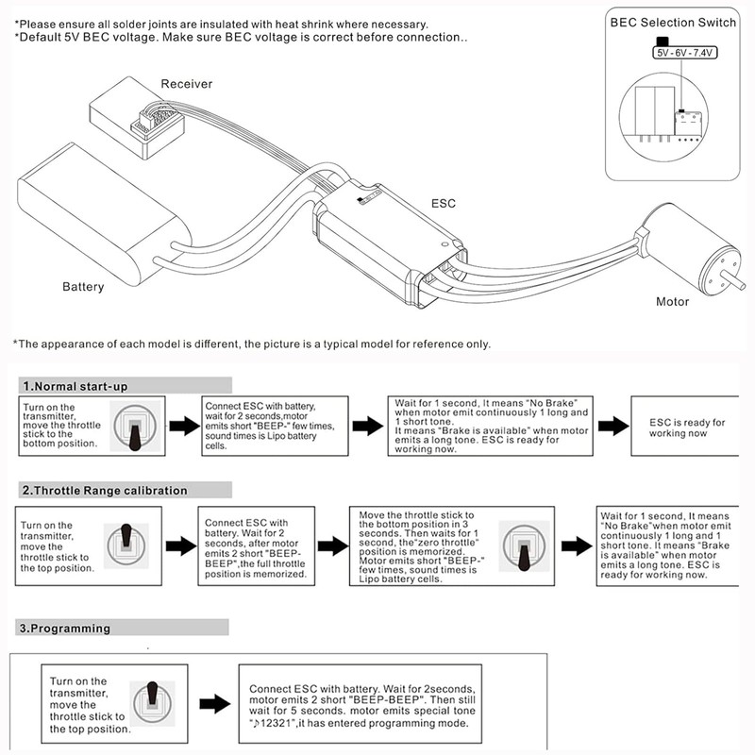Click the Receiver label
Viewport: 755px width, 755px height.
pyautogui.click(x=187, y=84)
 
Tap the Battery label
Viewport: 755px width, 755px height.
pyautogui.click(x=83, y=286)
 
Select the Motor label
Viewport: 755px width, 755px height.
pyautogui.click(x=673, y=302)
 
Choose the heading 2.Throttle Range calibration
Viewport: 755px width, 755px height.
pyautogui.click(x=105, y=491)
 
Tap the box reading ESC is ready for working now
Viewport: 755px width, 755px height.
pyautogui.click(x=689, y=428)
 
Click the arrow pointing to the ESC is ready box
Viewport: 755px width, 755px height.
pyautogui.click(x=613, y=426)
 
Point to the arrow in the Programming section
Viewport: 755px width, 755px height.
pyautogui.click(x=216, y=703)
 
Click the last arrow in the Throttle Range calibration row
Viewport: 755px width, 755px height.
pyautogui.click(x=576, y=546)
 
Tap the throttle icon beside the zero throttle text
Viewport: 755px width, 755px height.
pyautogui.click(x=522, y=545)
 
